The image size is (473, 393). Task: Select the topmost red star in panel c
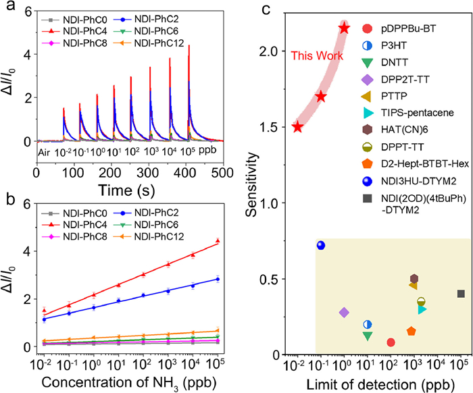(345, 28)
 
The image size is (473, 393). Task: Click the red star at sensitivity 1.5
(297, 127)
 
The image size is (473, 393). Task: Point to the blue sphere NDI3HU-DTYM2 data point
(321, 245)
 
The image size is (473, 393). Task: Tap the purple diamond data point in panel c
(344, 313)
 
